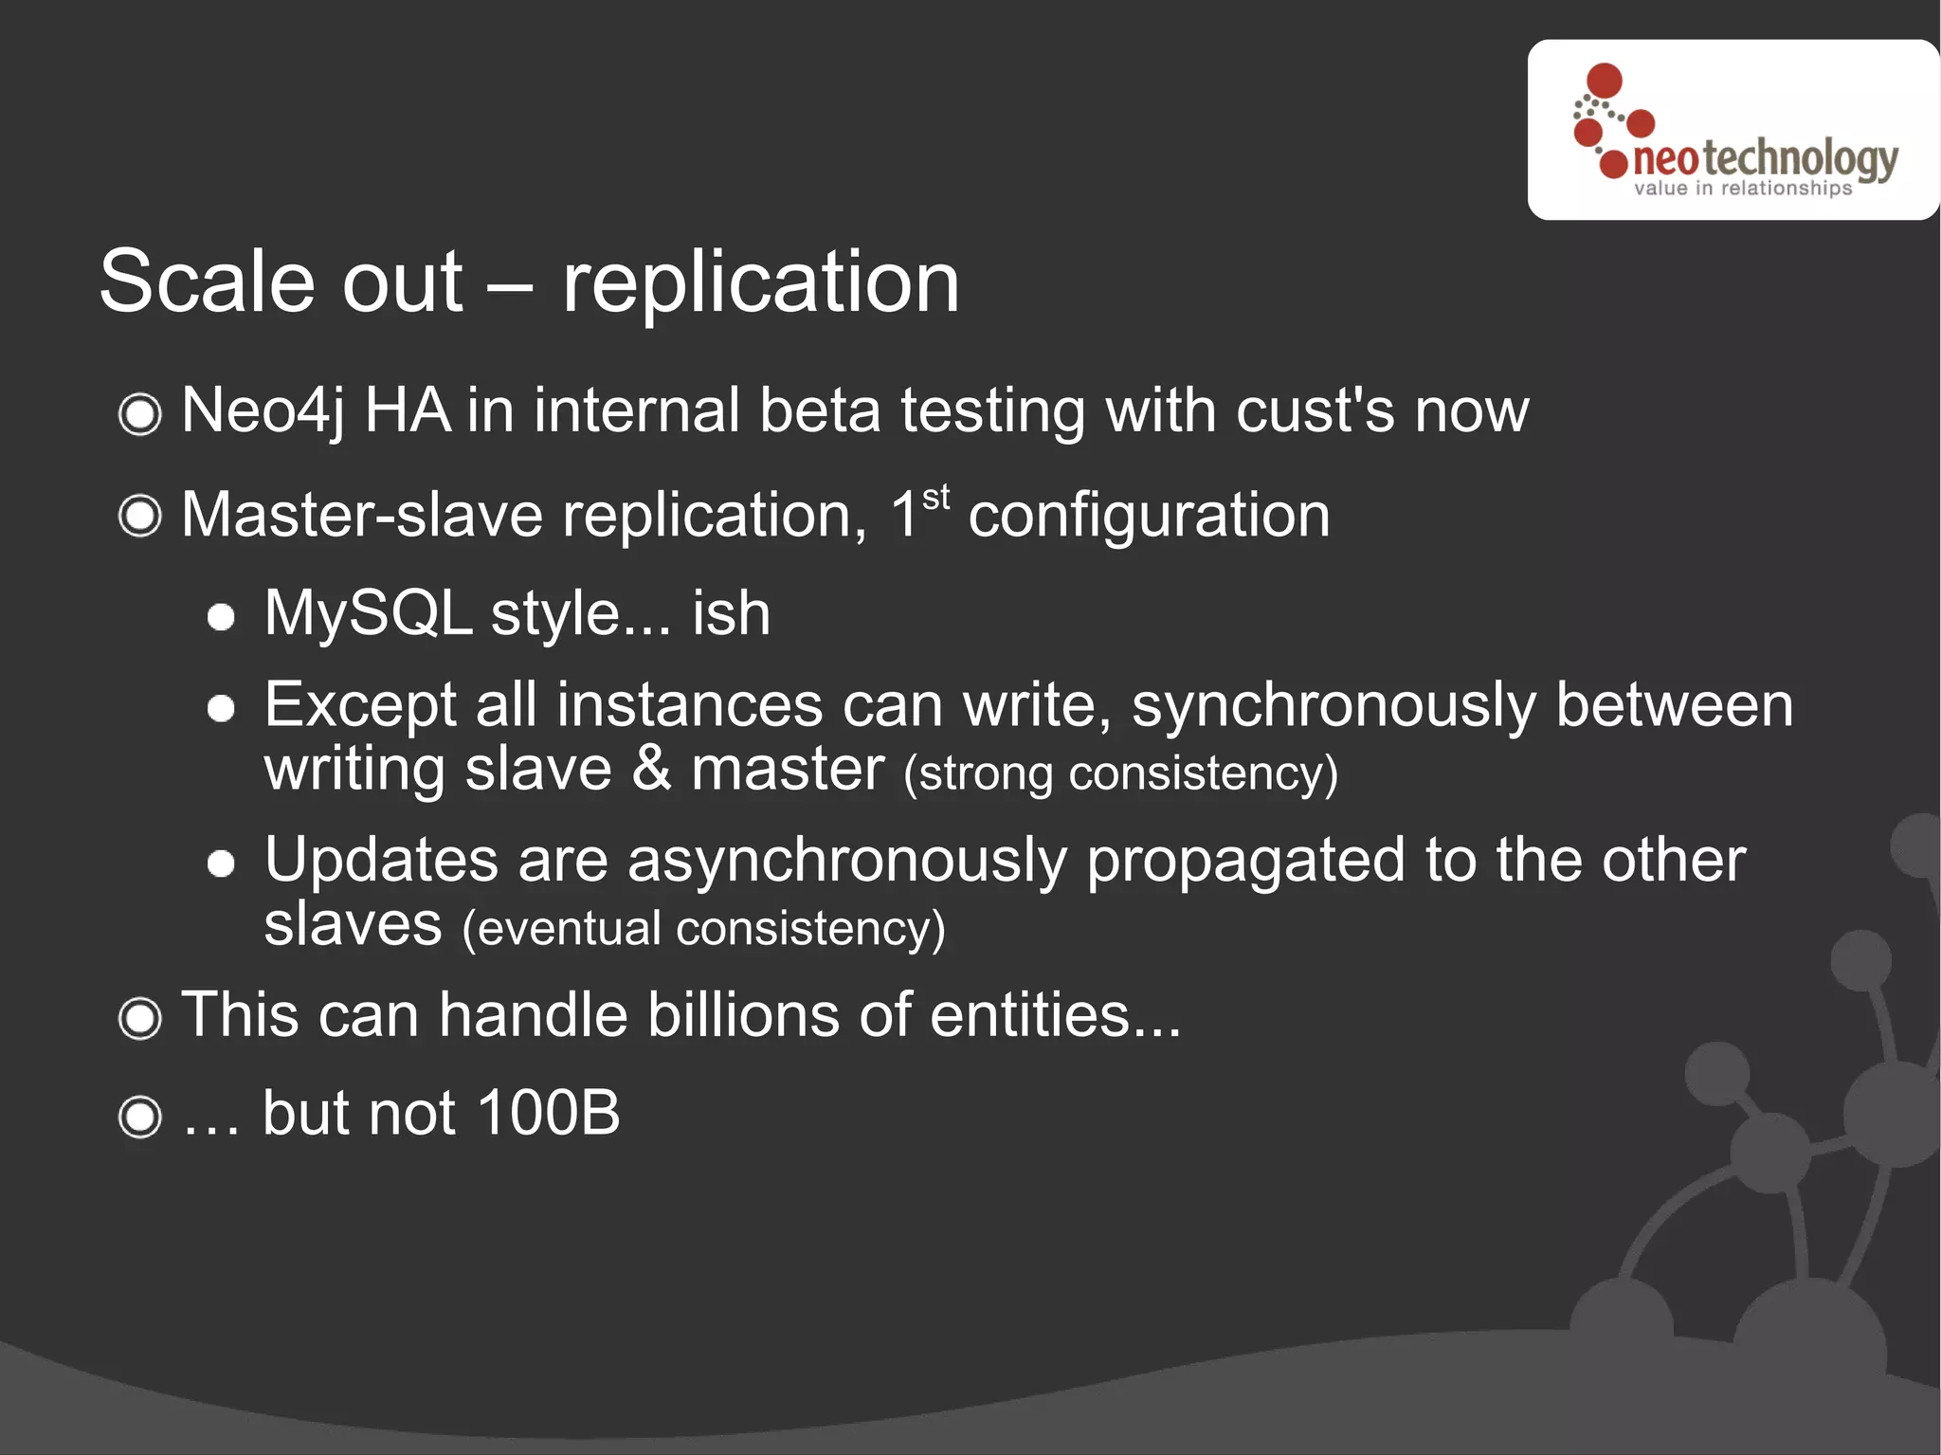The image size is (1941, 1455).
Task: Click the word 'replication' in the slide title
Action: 760,282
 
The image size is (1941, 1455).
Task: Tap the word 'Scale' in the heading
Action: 207,282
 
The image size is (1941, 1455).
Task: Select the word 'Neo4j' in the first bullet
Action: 263,411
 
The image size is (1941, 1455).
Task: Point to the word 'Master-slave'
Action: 362,517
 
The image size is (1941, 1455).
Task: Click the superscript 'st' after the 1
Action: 935,497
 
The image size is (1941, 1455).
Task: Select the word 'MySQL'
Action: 368,613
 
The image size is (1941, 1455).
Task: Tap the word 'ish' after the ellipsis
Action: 731,613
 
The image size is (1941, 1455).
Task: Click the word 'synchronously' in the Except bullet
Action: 1333,706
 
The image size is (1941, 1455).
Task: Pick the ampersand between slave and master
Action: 651,769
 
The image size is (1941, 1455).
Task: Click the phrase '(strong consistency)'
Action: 1120,773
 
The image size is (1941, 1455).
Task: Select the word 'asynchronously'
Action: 846,861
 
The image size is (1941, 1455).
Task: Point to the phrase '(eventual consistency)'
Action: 703,928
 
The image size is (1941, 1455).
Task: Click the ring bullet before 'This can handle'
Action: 140,1019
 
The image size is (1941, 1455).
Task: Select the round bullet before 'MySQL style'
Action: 221,618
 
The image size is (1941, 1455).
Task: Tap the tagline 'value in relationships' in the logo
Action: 1742,189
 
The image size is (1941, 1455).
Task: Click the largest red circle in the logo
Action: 1604,81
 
